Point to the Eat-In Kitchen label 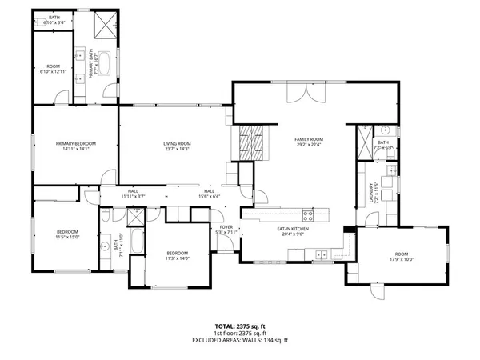coord(293,230)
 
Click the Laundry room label coord(373,191)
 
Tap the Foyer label coord(226,228)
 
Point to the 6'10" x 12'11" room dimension coord(54,71)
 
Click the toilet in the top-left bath coord(39,24)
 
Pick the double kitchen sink coord(322,254)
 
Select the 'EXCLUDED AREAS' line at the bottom coord(240,342)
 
